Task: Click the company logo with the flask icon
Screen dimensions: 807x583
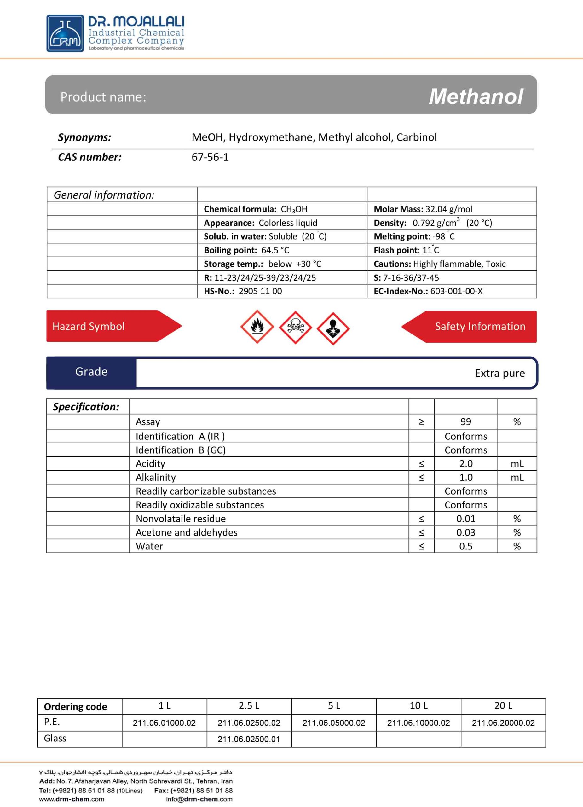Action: (x=66, y=33)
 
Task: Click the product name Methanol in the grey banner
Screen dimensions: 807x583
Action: (x=476, y=96)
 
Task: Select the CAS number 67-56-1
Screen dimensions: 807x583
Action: (x=210, y=157)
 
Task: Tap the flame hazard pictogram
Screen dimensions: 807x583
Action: (x=257, y=327)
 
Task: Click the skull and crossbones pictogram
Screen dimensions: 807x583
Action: (x=295, y=327)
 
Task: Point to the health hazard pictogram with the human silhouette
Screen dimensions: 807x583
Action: (x=333, y=328)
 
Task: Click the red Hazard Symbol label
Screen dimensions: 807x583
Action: (x=89, y=326)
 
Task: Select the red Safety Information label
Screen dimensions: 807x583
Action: (x=480, y=326)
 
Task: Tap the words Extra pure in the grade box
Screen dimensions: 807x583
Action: (x=499, y=373)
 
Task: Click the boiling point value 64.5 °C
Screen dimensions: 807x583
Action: (x=275, y=250)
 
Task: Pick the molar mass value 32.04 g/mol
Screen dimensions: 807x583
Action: (x=448, y=209)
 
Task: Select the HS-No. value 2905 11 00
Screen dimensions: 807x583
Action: (x=260, y=291)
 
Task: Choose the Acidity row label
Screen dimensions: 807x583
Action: (x=150, y=464)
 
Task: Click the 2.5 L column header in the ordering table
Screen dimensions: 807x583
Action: (x=249, y=705)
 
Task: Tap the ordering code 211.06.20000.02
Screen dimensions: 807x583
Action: (x=503, y=723)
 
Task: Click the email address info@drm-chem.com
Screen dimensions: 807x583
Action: (x=199, y=799)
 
